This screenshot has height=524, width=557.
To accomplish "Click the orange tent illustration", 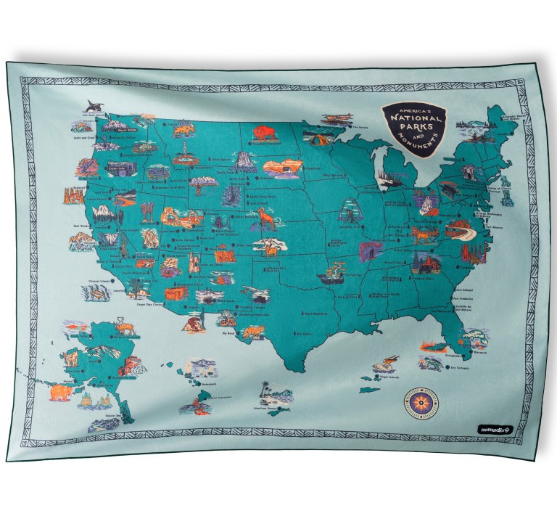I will coord(315,139).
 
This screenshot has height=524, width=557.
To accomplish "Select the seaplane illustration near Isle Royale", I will coord(339,118).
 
